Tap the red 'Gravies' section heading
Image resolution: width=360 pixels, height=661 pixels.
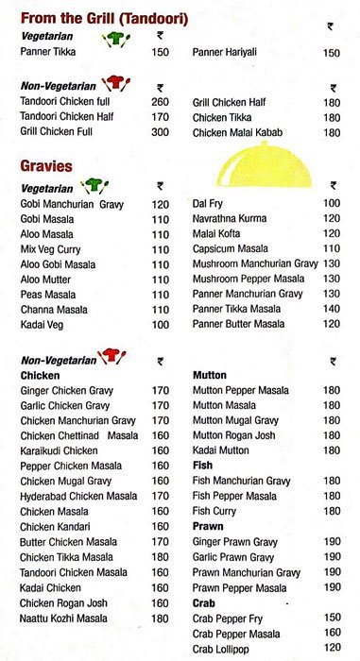[x=47, y=166]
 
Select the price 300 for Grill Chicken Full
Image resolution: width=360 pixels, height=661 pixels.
[x=160, y=133]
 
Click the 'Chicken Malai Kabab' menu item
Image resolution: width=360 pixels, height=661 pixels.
[x=238, y=133]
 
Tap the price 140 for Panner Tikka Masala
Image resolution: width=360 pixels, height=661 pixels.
[x=331, y=309]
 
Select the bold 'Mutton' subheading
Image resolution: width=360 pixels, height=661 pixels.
[x=210, y=375]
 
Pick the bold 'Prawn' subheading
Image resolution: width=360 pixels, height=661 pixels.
[x=208, y=527]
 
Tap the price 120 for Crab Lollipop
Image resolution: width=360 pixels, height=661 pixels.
[x=331, y=649]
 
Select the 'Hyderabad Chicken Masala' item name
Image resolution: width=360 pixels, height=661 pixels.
[x=78, y=496]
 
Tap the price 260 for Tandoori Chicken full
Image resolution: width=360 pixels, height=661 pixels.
[x=160, y=102]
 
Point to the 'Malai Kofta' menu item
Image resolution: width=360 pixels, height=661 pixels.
[x=218, y=233]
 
